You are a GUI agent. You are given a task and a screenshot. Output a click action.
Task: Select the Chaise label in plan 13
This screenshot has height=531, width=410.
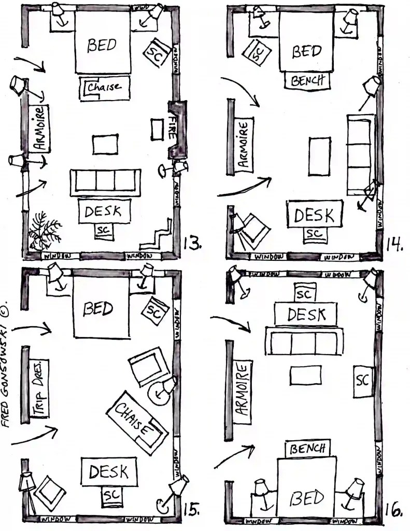click(104, 87)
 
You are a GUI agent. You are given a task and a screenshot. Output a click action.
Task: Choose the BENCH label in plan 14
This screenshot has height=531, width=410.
click(307, 81)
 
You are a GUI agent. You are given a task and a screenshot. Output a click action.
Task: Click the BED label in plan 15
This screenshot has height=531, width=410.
click(98, 309)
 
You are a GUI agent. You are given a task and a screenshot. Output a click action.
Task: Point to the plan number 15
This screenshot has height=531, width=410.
click(192, 510)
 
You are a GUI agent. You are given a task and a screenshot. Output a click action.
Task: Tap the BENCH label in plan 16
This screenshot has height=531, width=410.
click(308, 448)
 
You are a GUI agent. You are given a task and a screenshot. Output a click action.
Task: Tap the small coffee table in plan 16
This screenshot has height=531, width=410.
click(306, 375)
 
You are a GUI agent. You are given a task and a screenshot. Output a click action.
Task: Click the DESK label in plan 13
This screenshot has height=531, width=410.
click(103, 212)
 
